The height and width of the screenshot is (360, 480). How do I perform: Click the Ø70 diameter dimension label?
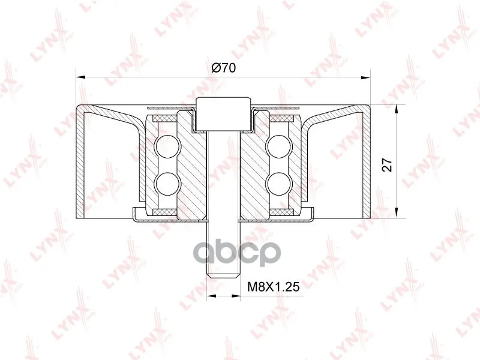tap(224, 67)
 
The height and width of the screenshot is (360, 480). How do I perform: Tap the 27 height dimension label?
tap(387, 165)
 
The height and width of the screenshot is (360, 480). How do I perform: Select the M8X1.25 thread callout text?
tap(274, 287)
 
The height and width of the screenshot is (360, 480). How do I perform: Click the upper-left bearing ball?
tap(167, 146)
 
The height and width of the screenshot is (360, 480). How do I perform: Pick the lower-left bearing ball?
tap(167, 184)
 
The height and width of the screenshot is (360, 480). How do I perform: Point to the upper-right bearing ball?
tap(278, 146)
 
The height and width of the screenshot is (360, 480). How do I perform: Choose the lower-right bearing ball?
tap(278, 184)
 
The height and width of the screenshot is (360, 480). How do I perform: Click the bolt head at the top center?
tap(223, 113)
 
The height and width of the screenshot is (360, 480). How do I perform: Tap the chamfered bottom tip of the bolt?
tap(223, 275)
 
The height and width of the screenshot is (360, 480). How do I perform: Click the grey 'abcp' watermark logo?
tap(236, 253)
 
